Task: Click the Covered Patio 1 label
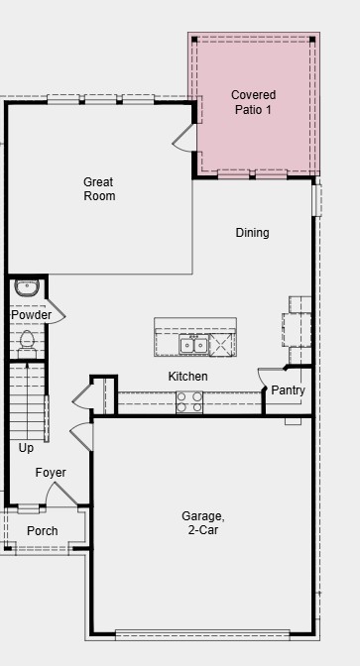[x=253, y=102]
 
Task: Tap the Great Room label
[x=98, y=188]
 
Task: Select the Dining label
[x=252, y=233]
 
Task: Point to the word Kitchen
[x=187, y=377]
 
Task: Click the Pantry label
[x=288, y=390]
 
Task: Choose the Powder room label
[x=31, y=315]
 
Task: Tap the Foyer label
[x=51, y=473]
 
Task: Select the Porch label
[x=42, y=531]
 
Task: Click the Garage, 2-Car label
[x=202, y=523]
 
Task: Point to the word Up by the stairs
[x=26, y=448]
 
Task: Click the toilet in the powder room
[x=27, y=341]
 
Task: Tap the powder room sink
[x=27, y=288]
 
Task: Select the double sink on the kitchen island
[x=193, y=344]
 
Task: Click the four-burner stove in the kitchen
[x=189, y=401]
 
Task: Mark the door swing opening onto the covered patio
[x=185, y=140]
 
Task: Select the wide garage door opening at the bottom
[x=202, y=634]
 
